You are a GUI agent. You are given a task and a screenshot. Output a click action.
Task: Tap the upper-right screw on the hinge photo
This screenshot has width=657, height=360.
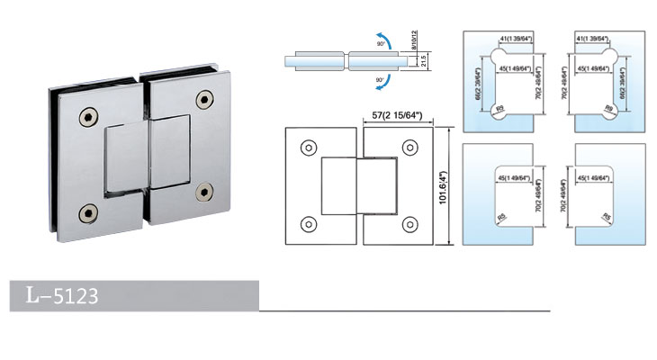pyautogui.click(x=208, y=98)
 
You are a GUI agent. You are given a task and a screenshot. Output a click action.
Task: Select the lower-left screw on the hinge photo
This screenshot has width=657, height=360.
pyautogui.click(x=87, y=212)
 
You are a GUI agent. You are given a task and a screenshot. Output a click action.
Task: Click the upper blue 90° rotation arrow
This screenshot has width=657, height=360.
pyautogui.click(x=377, y=39)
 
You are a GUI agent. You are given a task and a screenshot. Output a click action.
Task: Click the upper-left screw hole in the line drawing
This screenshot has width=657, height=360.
pyautogui.click(x=309, y=146)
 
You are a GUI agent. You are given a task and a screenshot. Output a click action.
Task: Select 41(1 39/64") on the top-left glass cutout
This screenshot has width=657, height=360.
pyautogui.click(x=510, y=40)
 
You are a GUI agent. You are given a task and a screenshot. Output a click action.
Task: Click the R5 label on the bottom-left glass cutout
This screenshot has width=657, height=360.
pyautogui.click(x=497, y=216)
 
